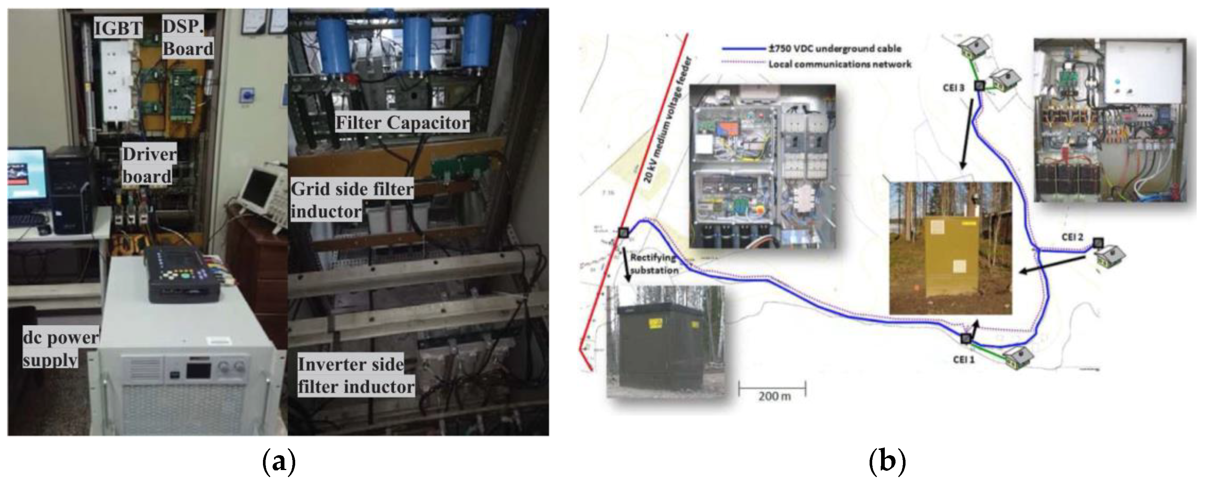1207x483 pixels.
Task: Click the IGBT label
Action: point(118,28)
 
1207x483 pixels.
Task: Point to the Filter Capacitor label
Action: point(402,123)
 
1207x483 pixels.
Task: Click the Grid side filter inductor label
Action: point(351,200)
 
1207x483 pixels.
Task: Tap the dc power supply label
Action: point(60,348)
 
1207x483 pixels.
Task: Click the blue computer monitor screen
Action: point(27,173)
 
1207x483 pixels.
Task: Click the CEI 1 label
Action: point(963,360)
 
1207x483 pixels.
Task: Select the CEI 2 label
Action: point(1073,237)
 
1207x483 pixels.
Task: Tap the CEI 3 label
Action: point(953,88)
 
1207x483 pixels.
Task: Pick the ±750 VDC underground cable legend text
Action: point(834,48)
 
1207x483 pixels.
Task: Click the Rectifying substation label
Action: point(654,264)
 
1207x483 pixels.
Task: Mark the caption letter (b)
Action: point(887,462)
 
